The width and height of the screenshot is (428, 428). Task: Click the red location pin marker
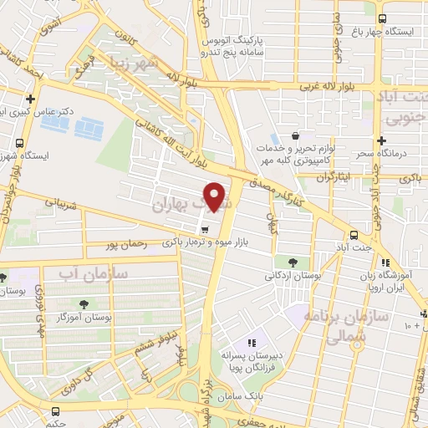[217, 196]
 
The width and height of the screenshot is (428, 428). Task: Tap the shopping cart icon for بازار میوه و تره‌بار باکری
[204, 228]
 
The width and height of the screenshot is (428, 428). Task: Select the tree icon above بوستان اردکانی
[291, 262]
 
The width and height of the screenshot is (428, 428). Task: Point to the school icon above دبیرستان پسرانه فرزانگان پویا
[251, 343]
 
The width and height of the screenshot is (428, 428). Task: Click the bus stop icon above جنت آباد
[354, 234]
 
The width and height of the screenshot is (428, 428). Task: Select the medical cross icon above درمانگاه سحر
[382, 140]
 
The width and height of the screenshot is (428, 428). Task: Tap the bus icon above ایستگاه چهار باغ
[382, 18]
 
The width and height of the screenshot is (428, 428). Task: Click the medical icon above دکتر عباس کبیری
[30, 98]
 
